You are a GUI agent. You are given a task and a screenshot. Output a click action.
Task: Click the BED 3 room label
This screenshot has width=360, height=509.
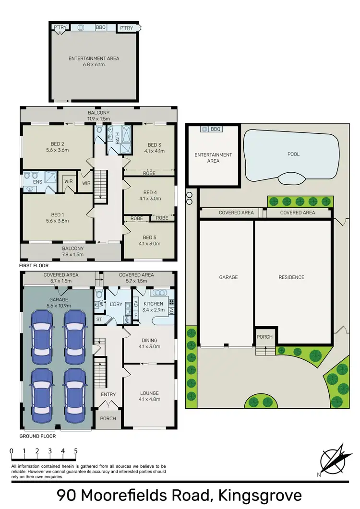point(153,145)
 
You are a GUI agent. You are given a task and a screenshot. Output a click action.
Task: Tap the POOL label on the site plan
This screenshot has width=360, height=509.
point(293,154)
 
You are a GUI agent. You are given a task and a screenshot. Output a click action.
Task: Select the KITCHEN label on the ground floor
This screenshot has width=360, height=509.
point(153,304)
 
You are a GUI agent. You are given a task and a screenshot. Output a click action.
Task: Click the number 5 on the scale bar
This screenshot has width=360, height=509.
point(76,451)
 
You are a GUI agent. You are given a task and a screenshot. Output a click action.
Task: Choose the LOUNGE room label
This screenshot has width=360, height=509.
point(149,393)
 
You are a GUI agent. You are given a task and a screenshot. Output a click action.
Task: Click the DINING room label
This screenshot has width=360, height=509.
point(149,341)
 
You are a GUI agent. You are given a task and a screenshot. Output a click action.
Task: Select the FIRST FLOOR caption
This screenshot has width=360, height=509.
point(34,265)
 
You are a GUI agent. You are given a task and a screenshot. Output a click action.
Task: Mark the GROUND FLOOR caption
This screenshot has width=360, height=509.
point(37,436)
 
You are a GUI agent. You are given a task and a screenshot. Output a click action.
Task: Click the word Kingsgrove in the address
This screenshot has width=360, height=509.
point(260,495)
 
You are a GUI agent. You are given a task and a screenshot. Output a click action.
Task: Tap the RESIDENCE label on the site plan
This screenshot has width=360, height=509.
point(291,277)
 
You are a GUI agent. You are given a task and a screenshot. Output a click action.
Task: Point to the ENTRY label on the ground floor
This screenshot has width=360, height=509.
point(108,394)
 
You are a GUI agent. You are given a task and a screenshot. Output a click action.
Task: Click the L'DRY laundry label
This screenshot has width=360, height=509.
point(116,305)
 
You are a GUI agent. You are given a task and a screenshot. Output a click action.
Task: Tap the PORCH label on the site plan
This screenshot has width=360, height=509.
point(264,337)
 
